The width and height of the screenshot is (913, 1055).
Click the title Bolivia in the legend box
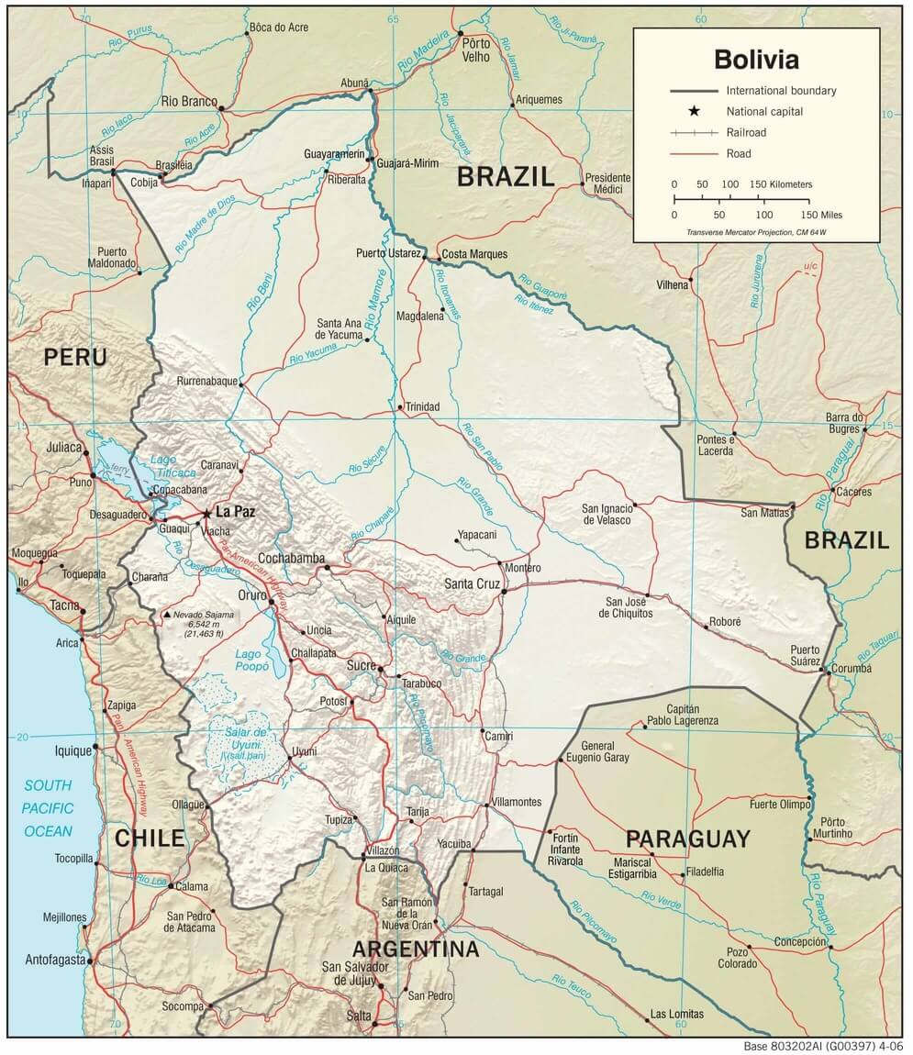coord(756,60)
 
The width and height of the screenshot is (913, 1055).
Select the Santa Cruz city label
coord(473,583)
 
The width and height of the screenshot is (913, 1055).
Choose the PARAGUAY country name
coord(688,838)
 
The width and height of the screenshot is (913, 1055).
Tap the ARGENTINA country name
coord(416,949)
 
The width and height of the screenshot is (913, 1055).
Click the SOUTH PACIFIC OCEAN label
coord(48,808)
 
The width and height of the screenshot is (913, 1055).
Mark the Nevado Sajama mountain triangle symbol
coord(166,614)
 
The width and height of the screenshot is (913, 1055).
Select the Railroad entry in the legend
coord(746,133)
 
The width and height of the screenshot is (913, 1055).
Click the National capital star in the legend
coord(695,111)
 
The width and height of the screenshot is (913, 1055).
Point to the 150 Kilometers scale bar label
coord(781,184)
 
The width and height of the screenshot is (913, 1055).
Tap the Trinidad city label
coord(423,406)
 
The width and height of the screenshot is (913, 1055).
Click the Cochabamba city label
coord(291,558)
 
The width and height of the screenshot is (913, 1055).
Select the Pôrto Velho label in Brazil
coord(476,50)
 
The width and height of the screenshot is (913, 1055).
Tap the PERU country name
coord(75,357)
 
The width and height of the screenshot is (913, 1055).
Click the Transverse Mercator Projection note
coord(756,232)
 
